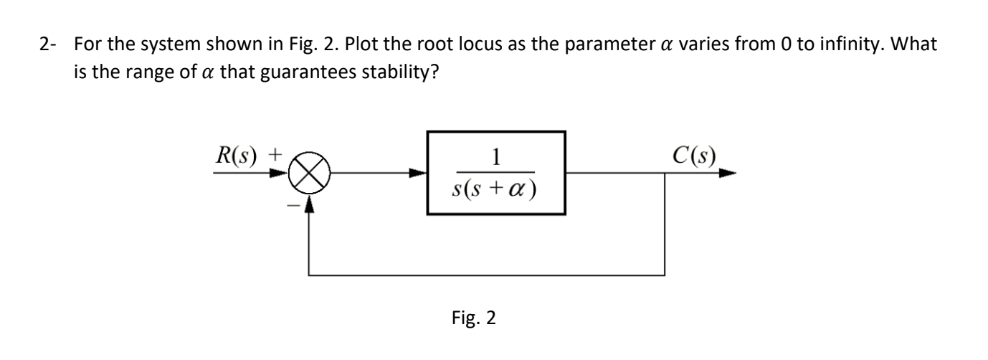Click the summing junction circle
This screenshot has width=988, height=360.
tap(308, 174)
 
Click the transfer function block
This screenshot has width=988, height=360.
tap(496, 174)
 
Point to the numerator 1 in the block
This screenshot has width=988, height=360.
tap(496, 156)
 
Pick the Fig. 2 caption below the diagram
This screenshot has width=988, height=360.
tap(476, 317)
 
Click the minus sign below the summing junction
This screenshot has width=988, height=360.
tap(293, 206)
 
